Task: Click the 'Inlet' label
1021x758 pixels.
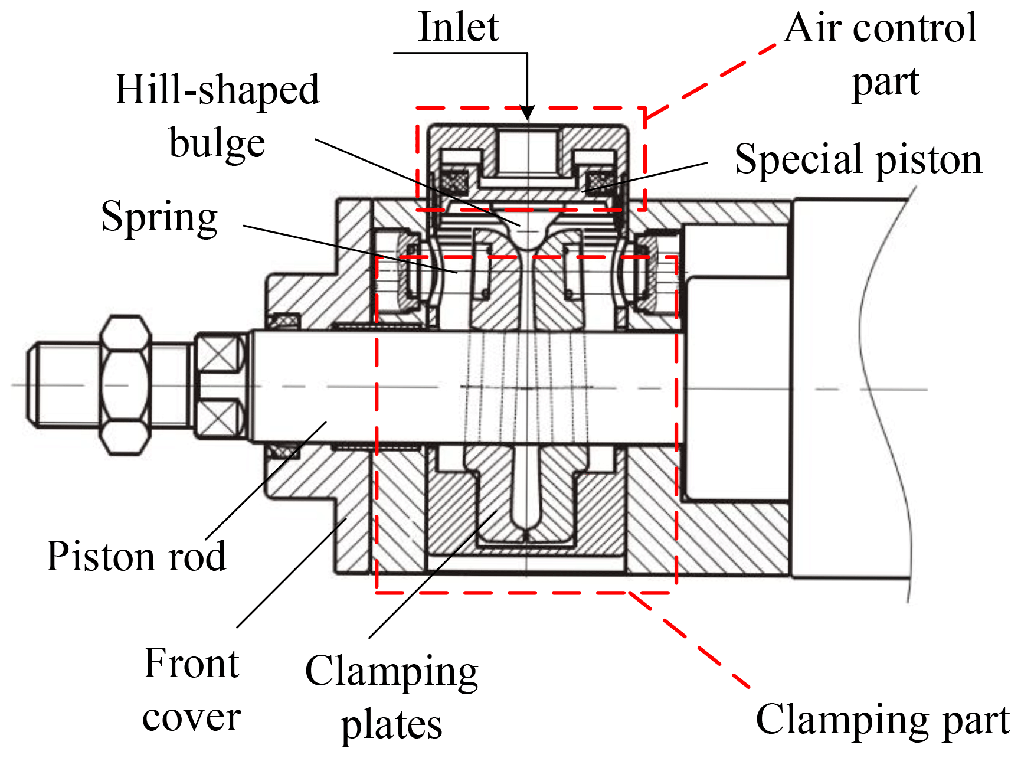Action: (x=458, y=28)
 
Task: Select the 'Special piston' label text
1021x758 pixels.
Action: (x=858, y=160)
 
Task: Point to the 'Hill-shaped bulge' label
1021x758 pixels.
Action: (x=217, y=116)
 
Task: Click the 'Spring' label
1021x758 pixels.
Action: (x=159, y=217)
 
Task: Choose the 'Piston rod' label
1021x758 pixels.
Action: (x=136, y=556)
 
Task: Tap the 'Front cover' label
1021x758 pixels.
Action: (x=191, y=690)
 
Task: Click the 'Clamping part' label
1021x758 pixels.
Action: (x=882, y=720)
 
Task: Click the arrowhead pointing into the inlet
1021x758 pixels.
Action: (x=528, y=113)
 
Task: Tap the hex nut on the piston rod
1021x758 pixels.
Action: (x=125, y=385)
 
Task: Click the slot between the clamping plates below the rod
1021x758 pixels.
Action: (x=526, y=490)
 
